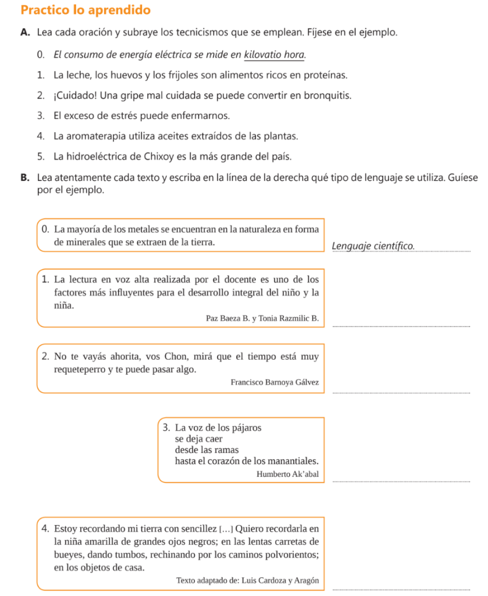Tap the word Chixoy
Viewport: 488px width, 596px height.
pyautogui.click(x=165, y=157)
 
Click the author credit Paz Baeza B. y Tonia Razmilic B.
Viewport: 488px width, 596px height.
pyautogui.click(x=262, y=318)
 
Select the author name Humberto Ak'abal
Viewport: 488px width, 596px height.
pyautogui.click(x=287, y=474)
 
